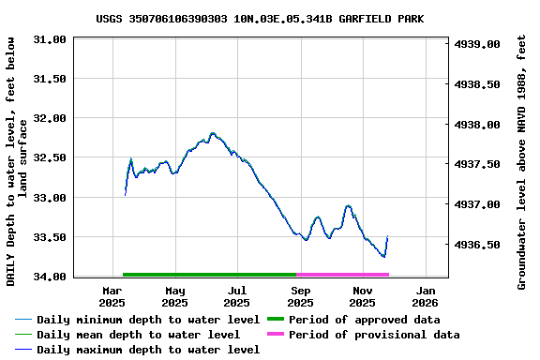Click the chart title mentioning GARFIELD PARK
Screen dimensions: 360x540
(272, 19)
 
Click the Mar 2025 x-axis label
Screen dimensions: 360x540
(112, 296)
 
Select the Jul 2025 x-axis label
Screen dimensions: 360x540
(237, 296)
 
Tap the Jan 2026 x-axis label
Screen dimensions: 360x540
(425, 296)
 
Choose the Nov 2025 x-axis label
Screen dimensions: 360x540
(362, 296)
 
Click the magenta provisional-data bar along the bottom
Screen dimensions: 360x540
(342, 275)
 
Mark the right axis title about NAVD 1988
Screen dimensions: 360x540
(522, 159)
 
